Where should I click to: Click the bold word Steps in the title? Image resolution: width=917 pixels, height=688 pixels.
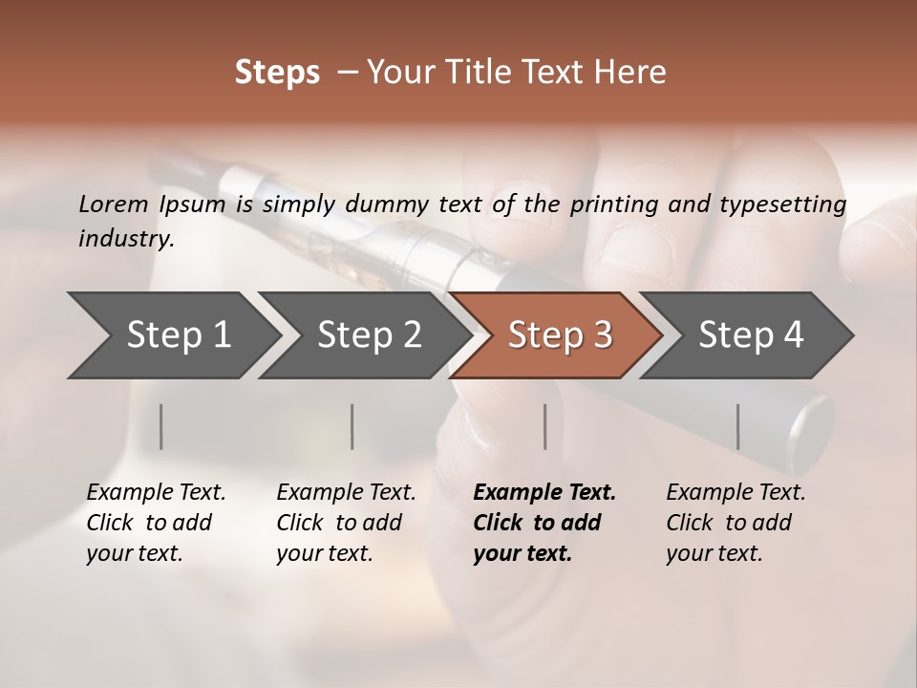tap(277, 73)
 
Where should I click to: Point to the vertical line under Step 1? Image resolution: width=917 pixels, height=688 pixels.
tap(161, 426)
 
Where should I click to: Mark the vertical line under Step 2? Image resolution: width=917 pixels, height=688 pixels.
tap(352, 426)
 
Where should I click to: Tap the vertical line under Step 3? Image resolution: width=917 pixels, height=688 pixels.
tap(544, 426)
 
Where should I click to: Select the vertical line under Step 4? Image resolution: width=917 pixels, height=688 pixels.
tap(737, 426)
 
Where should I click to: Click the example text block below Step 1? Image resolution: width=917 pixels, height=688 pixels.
tap(156, 523)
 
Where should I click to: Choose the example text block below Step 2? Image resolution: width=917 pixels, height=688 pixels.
tap(346, 523)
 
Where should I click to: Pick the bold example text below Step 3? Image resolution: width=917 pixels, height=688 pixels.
tap(544, 523)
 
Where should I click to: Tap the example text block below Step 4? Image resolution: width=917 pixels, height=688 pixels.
tap(736, 523)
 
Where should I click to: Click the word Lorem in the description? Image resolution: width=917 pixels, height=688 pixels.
tap(113, 204)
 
